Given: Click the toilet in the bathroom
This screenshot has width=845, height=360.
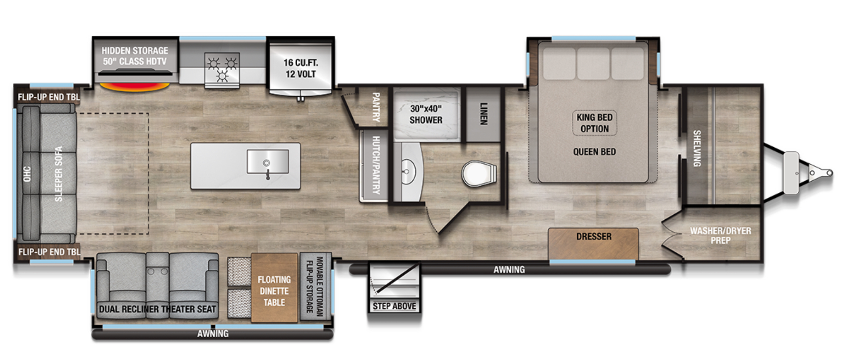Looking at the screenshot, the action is click(479, 173).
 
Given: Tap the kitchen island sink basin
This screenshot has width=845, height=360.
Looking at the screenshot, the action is click(268, 161).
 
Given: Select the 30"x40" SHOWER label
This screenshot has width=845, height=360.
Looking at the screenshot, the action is click(426, 114).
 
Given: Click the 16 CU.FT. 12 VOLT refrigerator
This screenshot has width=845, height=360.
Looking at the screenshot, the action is click(301, 68).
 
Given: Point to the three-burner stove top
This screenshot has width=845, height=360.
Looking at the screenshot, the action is click(222, 70).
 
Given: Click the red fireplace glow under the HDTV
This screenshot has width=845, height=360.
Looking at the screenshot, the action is click(135, 87).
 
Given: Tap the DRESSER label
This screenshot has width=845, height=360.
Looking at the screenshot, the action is click(594, 236).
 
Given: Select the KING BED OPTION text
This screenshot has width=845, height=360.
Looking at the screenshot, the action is click(594, 123).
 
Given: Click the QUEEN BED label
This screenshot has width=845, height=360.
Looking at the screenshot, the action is click(594, 152).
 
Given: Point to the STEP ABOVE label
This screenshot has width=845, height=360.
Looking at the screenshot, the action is click(394, 306).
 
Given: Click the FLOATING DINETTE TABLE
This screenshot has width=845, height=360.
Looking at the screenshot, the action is click(274, 288).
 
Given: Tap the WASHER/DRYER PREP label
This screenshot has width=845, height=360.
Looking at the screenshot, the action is click(720, 236).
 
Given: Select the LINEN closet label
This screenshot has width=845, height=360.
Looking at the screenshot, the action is click(483, 113).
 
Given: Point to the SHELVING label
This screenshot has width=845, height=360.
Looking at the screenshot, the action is click(697, 148).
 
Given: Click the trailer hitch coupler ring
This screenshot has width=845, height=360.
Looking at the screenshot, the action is click(829, 173).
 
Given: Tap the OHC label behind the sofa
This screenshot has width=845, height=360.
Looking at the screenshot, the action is click(27, 174).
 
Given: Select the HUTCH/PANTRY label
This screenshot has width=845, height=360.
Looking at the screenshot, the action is click(376, 165).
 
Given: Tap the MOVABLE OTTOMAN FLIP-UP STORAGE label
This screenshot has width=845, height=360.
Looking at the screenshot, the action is click(315, 286).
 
